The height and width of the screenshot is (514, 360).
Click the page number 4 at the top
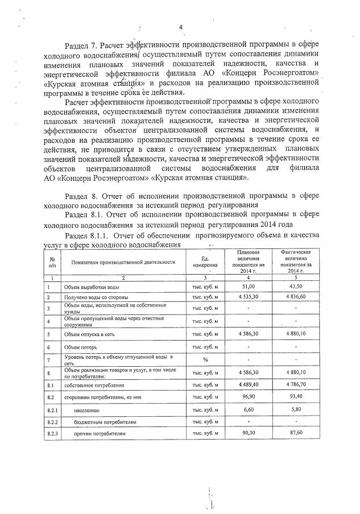pos(180,27)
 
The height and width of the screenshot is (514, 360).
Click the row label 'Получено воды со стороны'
pos(96,297)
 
